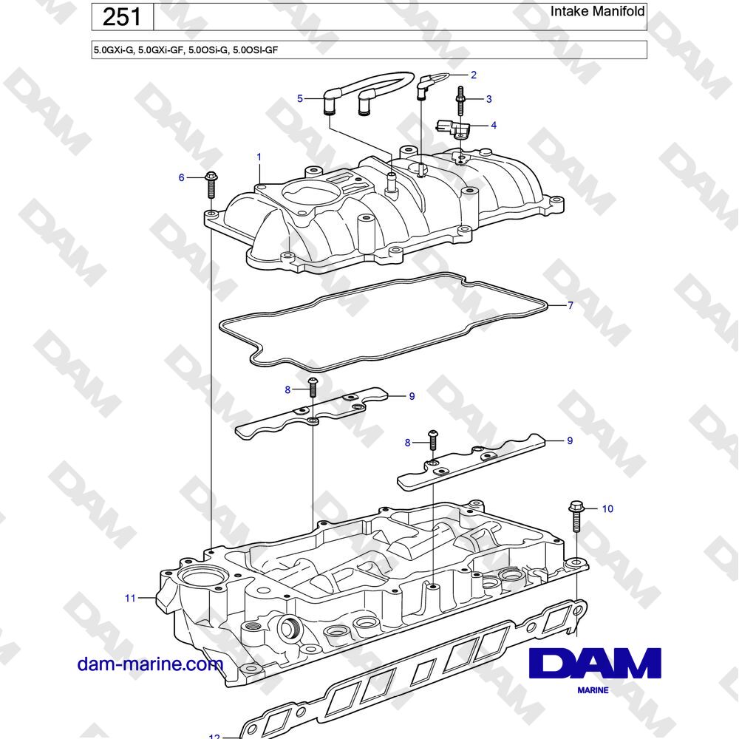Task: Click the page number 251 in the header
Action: [122, 17]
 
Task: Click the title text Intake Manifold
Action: [597, 11]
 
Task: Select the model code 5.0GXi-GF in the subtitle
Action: [160, 50]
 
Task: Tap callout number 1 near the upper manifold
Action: [259, 157]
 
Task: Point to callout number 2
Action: [474, 75]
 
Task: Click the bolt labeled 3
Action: [460, 101]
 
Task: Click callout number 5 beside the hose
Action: [300, 98]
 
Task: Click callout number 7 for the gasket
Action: [571, 305]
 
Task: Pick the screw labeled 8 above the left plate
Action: [312, 386]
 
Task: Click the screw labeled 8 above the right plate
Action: [432, 439]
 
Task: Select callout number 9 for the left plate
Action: [412, 396]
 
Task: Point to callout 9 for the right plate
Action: [570, 440]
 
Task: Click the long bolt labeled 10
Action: [576, 516]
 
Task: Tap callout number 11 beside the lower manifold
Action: [130, 598]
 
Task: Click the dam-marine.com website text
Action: [150, 664]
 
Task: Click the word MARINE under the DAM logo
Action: [593, 690]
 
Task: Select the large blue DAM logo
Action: [595, 663]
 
